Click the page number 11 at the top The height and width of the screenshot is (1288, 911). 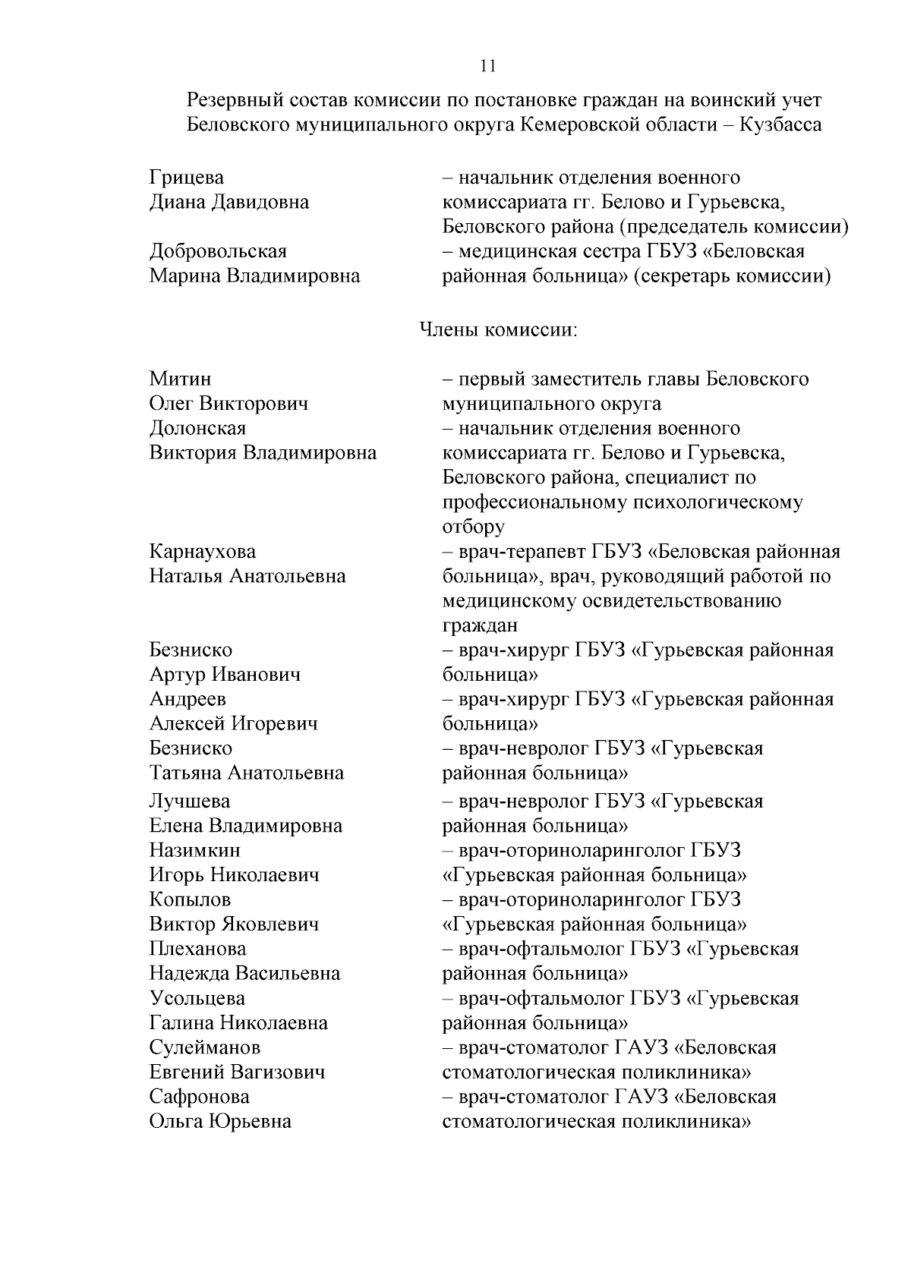click(x=488, y=65)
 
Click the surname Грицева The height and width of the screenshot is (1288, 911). click(x=187, y=178)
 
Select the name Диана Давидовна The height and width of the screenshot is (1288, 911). click(x=229, y=202)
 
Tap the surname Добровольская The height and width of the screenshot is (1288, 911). click(x=218, y=251)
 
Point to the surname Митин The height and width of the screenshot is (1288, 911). click(x=180, y=379)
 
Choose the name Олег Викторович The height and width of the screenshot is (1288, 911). click(x=229, y=403)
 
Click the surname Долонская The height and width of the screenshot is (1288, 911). click(x=197, y=428)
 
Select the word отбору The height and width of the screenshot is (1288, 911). click(x=473, y=527)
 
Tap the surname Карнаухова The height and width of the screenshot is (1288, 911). click(x=203, y=551)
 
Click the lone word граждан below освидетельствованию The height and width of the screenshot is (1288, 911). click(x=480, y=625)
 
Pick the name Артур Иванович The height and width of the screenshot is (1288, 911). click(x=225, y=675)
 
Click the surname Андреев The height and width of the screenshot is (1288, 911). click(x=188, y=699)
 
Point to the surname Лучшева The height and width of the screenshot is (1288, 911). click(x=190, y=801)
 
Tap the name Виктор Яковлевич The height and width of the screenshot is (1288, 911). click(x=234, y=924)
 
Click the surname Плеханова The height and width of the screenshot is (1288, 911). click(x=197, y=949)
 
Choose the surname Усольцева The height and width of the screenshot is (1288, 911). click(x=197, y=998)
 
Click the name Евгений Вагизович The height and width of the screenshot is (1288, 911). click(x=237, y=1072)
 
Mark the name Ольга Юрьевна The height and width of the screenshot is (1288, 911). click(x=220, y=1121)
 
